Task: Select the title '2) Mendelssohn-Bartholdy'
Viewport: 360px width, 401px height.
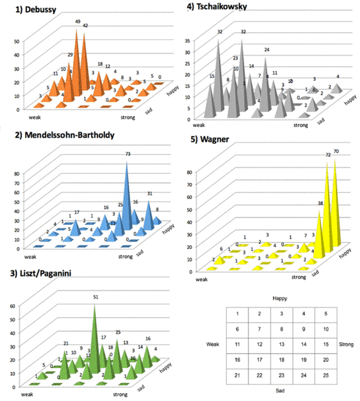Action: click(71, 135)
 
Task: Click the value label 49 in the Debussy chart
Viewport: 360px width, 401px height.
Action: click(78, 22)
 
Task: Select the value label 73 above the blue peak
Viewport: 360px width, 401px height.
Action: click(127, 155)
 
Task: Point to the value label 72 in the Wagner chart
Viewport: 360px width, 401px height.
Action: click(328, 155)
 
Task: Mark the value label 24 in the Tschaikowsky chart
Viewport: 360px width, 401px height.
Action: click(266, 49)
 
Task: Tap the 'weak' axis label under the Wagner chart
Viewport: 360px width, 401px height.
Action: click(197, 276)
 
